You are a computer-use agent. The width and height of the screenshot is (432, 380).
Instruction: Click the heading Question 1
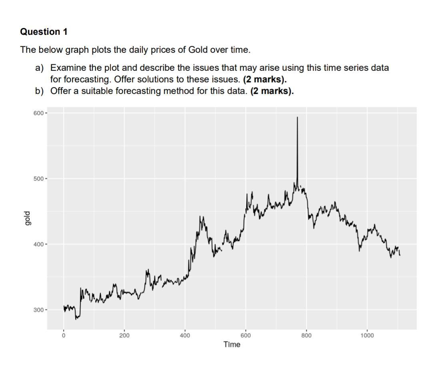[44, 32]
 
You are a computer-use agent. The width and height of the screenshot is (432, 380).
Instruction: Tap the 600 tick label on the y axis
[39, 113]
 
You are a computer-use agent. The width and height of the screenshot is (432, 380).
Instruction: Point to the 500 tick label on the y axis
[39, 179]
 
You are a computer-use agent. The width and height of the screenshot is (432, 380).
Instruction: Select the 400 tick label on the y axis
[39, 244]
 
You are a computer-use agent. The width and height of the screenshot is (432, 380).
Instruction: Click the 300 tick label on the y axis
[39, 310]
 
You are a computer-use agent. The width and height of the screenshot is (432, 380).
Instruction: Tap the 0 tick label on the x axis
[63, 335]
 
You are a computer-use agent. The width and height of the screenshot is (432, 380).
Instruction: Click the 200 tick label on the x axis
[124, 335]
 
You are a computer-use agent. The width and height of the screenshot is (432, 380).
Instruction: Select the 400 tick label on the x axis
[185, 335]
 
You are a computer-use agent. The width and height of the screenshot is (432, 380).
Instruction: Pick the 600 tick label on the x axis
[246, 335]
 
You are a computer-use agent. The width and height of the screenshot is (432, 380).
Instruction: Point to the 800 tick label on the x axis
[306, 335]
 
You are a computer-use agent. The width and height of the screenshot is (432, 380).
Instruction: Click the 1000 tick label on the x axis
[367, 335]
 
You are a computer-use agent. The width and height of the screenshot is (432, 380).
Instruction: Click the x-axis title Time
[232, 344]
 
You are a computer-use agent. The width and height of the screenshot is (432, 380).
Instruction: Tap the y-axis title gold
[27, 218]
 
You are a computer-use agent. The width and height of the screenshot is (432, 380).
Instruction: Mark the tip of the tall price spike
[297, 117]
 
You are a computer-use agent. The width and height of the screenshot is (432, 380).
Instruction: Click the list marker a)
[39, 68]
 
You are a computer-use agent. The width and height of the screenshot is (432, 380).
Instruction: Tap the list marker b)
[39, 91]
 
